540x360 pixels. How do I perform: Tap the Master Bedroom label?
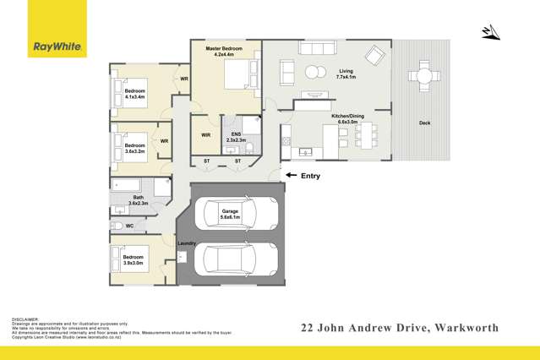[x=224, y=53]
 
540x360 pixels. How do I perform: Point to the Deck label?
[x=425, y=123]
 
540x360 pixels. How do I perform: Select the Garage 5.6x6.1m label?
[x=231, y=213]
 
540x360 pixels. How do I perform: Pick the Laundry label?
[x=186, y=243]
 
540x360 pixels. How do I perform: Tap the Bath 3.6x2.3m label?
[x=138, y=200]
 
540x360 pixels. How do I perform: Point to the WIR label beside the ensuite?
[x=205, y=134]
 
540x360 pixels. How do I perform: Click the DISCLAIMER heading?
[x=25, y=319]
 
